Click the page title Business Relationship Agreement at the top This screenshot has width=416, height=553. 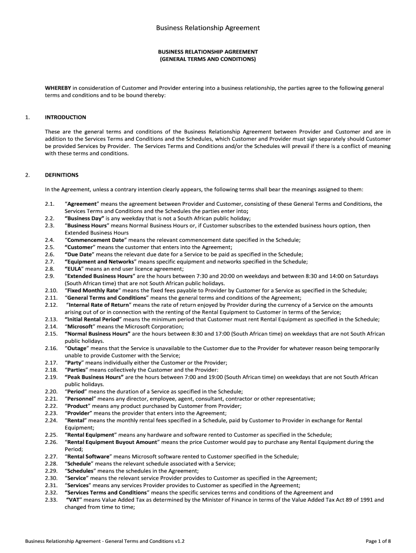click(x=208, y=28)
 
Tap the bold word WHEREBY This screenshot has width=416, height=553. click(x=58, y=87)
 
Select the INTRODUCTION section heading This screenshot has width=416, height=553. click(x=65, y=117)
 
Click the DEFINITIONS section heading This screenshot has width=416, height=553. click(x=62, y=175)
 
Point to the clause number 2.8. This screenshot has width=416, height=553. click(x=50, y=268)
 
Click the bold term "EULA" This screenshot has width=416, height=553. click(x=74, y=268)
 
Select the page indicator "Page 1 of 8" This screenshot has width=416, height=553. click(x=378, y=541)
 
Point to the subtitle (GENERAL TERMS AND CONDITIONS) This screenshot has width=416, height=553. click(x=208, y=59)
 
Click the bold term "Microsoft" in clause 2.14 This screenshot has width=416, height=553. click(x=80, y=326)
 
